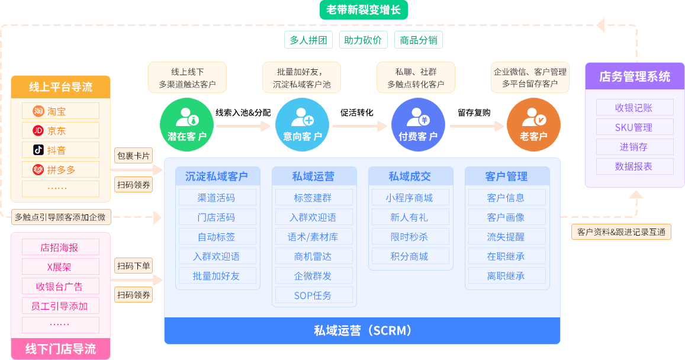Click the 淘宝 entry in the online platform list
coord(60,111)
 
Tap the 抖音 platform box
coord(60,150)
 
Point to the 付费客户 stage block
coord(418,125)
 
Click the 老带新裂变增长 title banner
coord(363,10)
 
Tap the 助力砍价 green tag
coord(363,40)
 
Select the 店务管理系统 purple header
coord(634,76)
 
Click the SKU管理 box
coord(634,127)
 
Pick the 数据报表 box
coord(634,166)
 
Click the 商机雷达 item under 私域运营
coord(313,256)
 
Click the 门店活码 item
coord(216,217)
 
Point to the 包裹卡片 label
coord(133,156)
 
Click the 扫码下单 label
coord(133,266)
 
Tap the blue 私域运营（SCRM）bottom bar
coord(362,331)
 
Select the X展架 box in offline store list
coord(60,266)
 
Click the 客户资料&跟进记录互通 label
coord(621,232)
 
